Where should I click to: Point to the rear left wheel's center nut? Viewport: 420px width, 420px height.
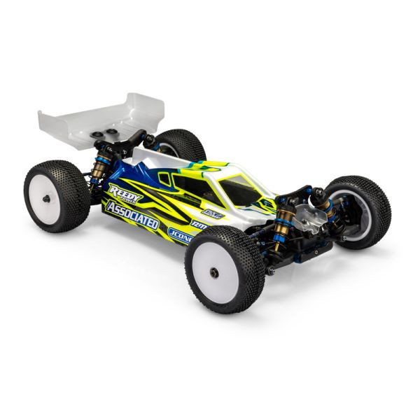46,197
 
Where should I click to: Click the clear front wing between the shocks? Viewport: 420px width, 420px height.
305,213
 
